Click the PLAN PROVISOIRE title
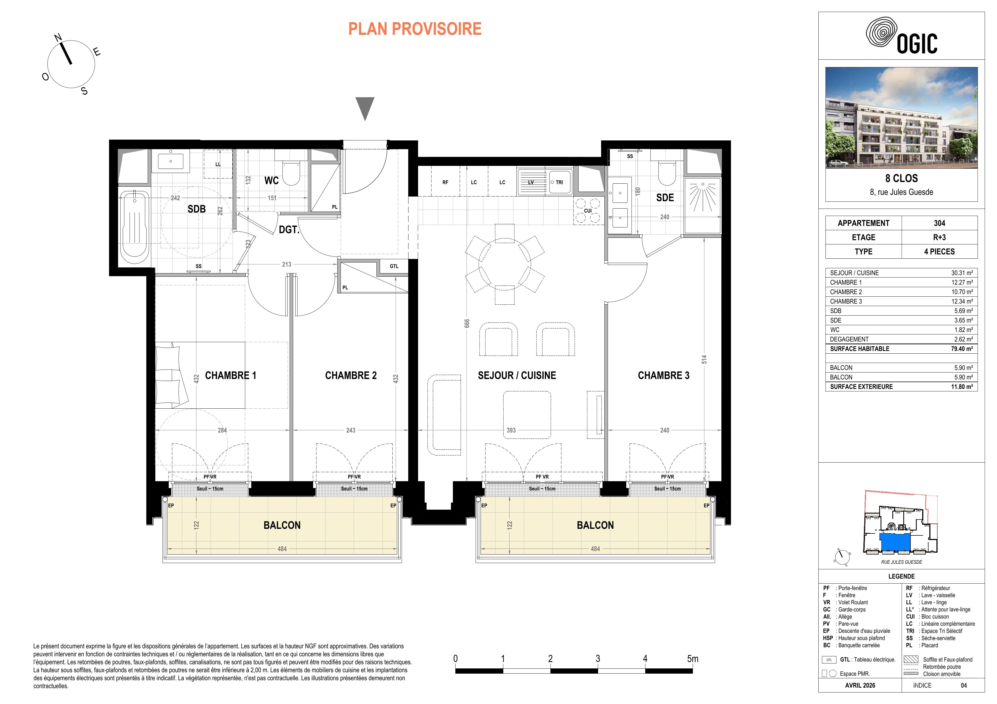(x=415, y=29)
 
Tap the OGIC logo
(x=901, y=38)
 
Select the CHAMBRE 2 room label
(x=351, y=376)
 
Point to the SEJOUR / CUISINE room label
(x=517, y=376)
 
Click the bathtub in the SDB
(x=134, y=224)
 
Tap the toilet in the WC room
(x=291, y=173)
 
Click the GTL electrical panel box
(x=394, y=266)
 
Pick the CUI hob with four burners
(x=588, y=211)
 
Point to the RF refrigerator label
(x=445, y=183)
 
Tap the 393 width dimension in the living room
(x=511, y=430)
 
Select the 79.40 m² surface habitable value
(x=962, y=349)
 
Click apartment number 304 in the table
(x=939, y=223)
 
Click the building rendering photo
(x=901, y=117)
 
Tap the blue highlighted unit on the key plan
(x=895, y=541)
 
